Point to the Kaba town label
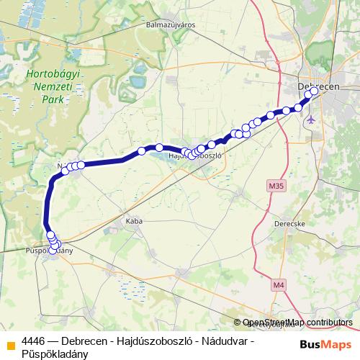pos(135,221)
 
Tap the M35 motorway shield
pos(274,186)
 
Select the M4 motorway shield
pos(279,285)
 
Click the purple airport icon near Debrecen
pos(311,118)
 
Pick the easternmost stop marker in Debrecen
pos(314,91)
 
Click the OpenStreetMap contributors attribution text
pos(297,323)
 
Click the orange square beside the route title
pos(9,341)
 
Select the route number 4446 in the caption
pos(34,340)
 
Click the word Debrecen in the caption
pos(85,340)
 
